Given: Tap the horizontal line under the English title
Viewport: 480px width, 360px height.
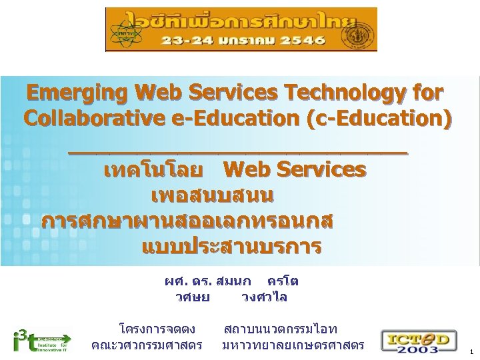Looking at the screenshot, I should click(x=237, y=153).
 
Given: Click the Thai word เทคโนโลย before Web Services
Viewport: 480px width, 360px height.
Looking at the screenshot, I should click(x=153, y=171).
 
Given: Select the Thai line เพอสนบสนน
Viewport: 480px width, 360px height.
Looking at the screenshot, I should click(x=212, y=197).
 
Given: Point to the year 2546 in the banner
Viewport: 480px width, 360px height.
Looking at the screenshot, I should click(x=301, y=40).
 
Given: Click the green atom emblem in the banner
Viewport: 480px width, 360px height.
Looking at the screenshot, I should click(x=122, y=31).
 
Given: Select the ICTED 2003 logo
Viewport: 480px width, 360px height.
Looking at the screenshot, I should click(x=418, y=340).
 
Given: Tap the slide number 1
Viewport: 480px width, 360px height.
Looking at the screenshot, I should click(x=471, y=351).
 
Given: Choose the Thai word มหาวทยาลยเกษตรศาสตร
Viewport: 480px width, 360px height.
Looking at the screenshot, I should click(x=293, y=345).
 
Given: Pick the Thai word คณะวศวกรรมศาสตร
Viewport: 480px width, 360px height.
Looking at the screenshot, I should click(x=147, y=345).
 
